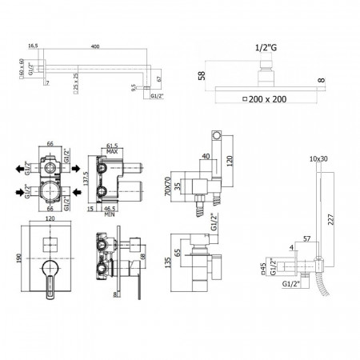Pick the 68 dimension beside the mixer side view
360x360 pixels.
[141, 256]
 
